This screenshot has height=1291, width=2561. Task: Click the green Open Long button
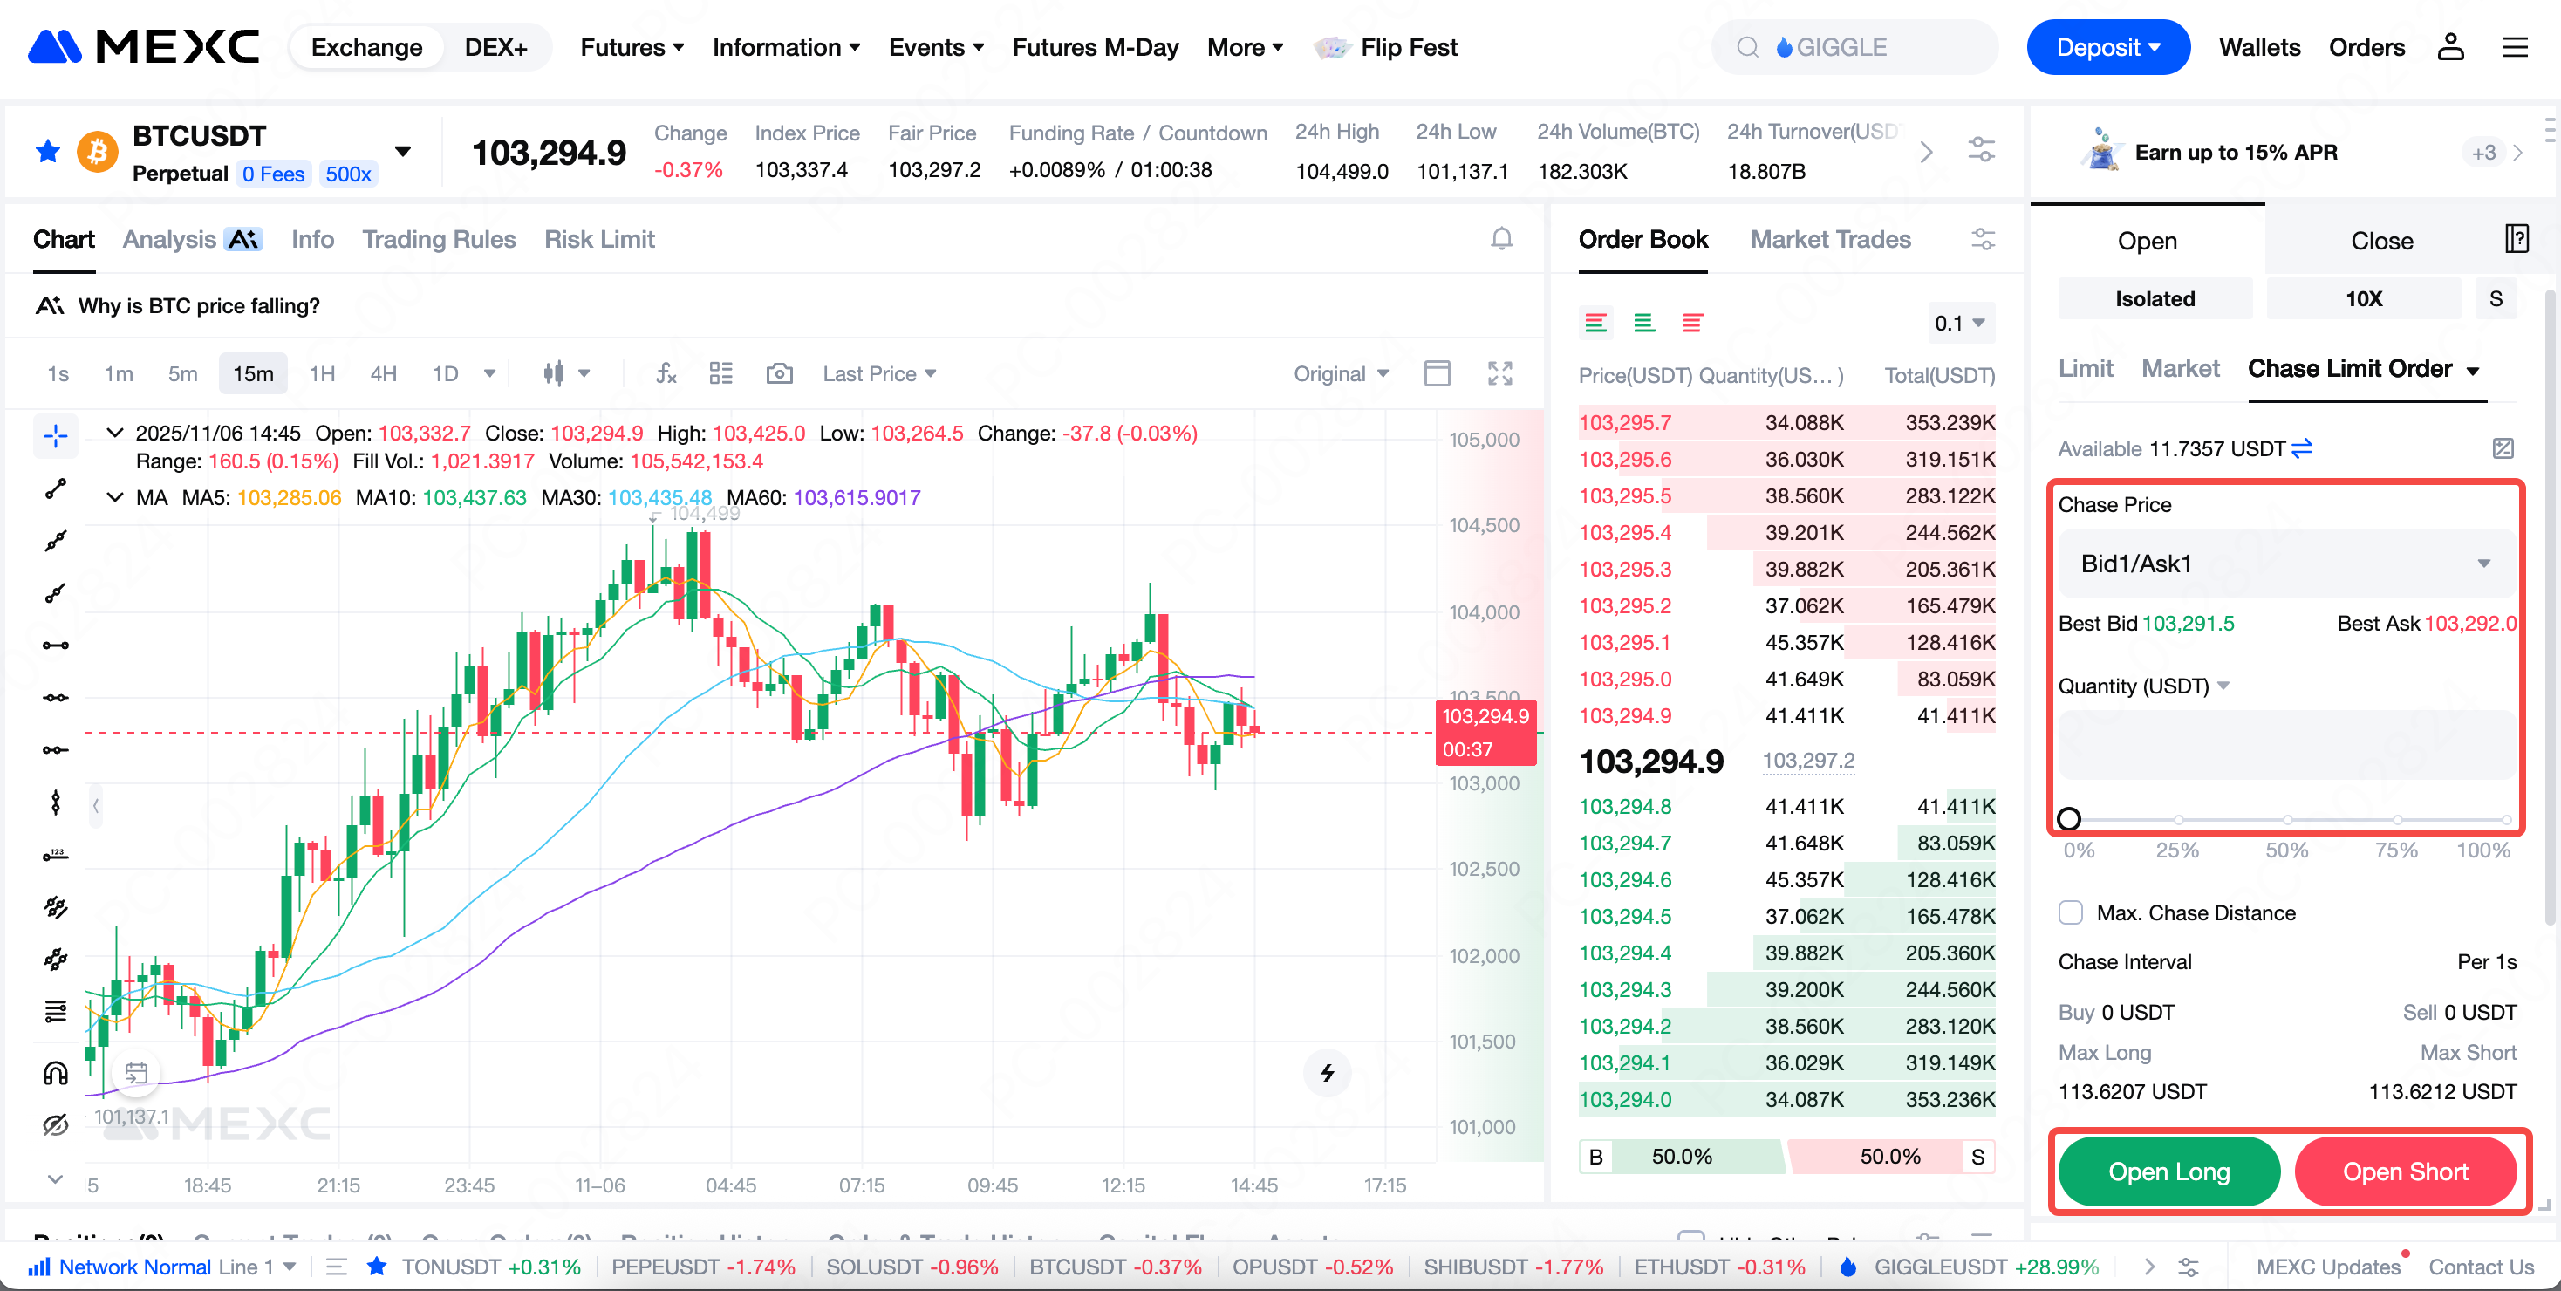[x=2168, y=1171]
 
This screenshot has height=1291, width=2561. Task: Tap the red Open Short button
[x=2404, y=1171]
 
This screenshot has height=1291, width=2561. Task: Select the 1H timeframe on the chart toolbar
[x=321, y=373]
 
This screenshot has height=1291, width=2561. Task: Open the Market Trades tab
[x=1829, y=240]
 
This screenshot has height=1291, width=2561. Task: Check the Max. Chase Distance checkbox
[x=2071, y=912]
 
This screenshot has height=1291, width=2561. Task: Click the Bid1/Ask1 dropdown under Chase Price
[x=2284, y=564]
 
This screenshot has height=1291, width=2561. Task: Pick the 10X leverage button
[x=2363, y=299]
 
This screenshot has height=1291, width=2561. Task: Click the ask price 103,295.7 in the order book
[x=1624, y=422]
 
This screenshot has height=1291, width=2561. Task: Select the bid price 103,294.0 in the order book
[x=1624, y=1099]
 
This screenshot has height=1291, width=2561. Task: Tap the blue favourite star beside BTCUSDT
[x=48, y=152]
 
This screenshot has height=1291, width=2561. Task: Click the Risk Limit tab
[x=598, y=240]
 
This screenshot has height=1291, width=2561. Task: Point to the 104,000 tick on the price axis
[x=1484, y=612]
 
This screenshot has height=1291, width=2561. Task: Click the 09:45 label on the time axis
[x=992, y=1185]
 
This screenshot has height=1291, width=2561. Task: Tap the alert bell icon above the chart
[x=1501, y=240]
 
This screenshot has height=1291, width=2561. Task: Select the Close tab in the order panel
[x=2381, y=241]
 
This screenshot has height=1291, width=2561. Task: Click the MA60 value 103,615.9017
[x=856, y=497]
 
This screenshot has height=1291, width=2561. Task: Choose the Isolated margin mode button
[x=2155, y=299]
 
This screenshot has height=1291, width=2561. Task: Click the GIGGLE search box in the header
[x=1854, y=48]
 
